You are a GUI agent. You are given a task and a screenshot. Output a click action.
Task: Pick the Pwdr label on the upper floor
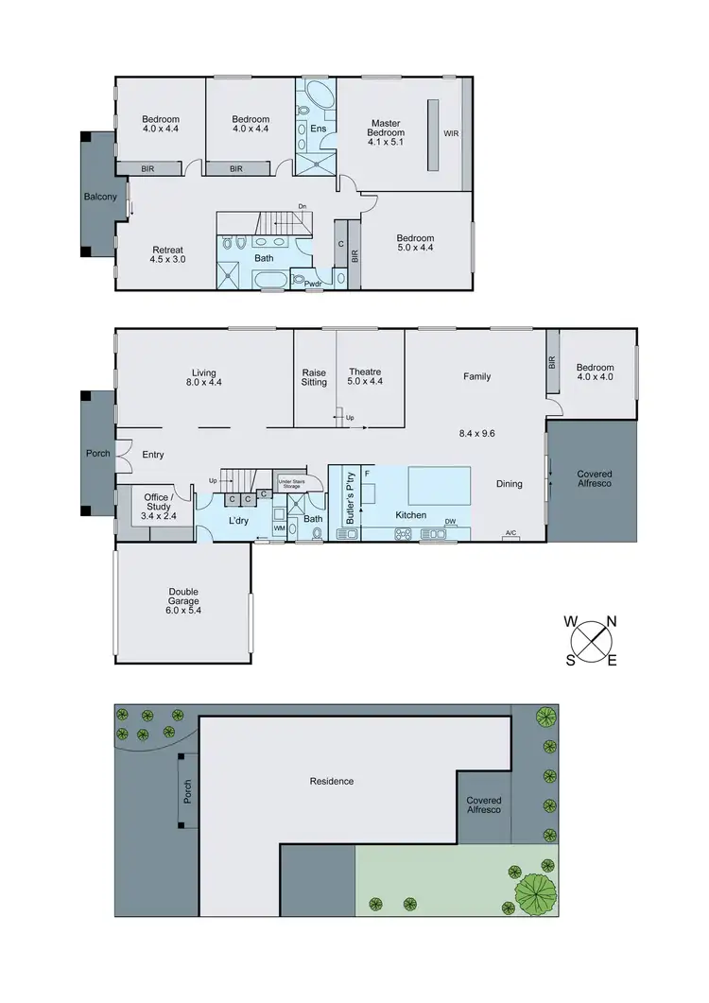(x=313, y=282)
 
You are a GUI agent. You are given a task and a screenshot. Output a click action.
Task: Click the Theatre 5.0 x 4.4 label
(x=364, y=376)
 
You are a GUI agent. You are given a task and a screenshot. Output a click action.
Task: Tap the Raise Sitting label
(x=314, y=376)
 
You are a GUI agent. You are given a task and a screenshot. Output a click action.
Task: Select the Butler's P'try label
(x=351, y=497)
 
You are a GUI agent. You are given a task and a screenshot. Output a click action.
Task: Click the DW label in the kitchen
(x=451, y=521)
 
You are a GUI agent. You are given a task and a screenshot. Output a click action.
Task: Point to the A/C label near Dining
(x=511, y=533)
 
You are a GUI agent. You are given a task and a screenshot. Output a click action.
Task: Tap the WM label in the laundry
(x=279, y=528)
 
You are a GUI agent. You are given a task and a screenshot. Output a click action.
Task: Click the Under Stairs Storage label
(x=288, y=482)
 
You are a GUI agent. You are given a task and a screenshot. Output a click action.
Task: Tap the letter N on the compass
(x=612, y=621)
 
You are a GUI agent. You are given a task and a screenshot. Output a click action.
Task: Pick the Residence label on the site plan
(x=332, y=781)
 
